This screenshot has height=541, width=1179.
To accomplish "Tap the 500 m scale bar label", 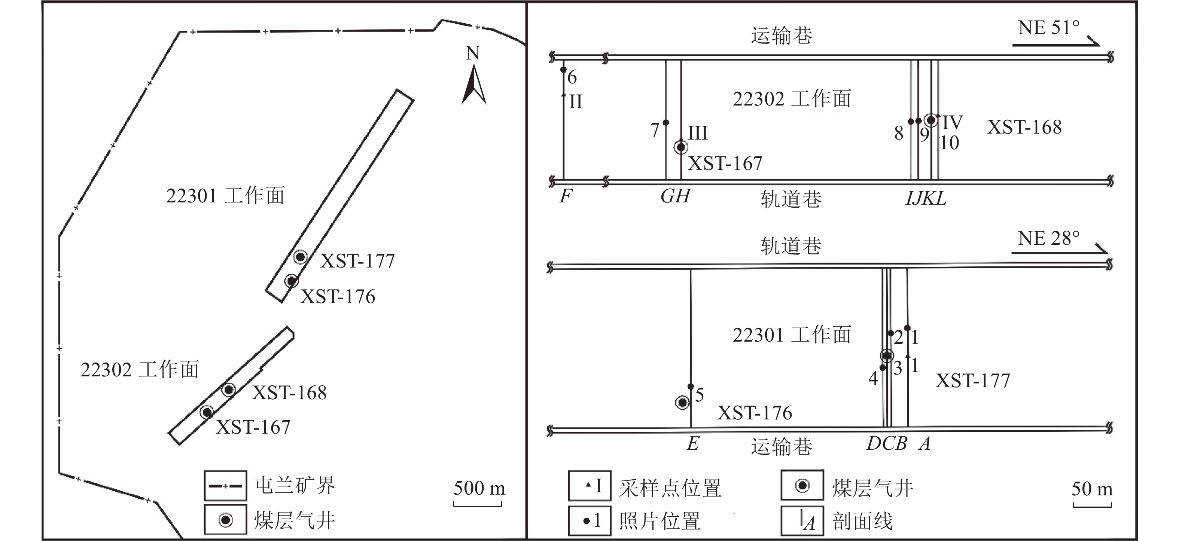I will [x=479, y=488].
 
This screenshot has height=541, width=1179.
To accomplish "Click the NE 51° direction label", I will [x=1048, y=28].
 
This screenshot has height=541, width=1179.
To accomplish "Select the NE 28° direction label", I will [x=1048, y=238].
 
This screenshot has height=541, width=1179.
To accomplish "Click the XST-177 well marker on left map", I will [x=300, y=257].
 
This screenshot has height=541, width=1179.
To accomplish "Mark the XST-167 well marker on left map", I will [x=207, y=412].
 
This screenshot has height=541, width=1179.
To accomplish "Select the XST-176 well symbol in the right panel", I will [x=682, y=403].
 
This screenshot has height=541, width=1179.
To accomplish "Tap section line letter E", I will [x=692, y=443].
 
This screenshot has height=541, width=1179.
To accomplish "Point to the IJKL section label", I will [x=926, y=198].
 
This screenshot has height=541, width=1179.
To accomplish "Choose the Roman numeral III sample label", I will [x=698, y=133].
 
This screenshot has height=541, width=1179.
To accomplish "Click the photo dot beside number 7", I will [x=666, y=123].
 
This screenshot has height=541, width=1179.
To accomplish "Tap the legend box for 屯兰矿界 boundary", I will [x=226, y=486].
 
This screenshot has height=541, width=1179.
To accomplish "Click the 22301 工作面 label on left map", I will [x=225, y=196].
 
